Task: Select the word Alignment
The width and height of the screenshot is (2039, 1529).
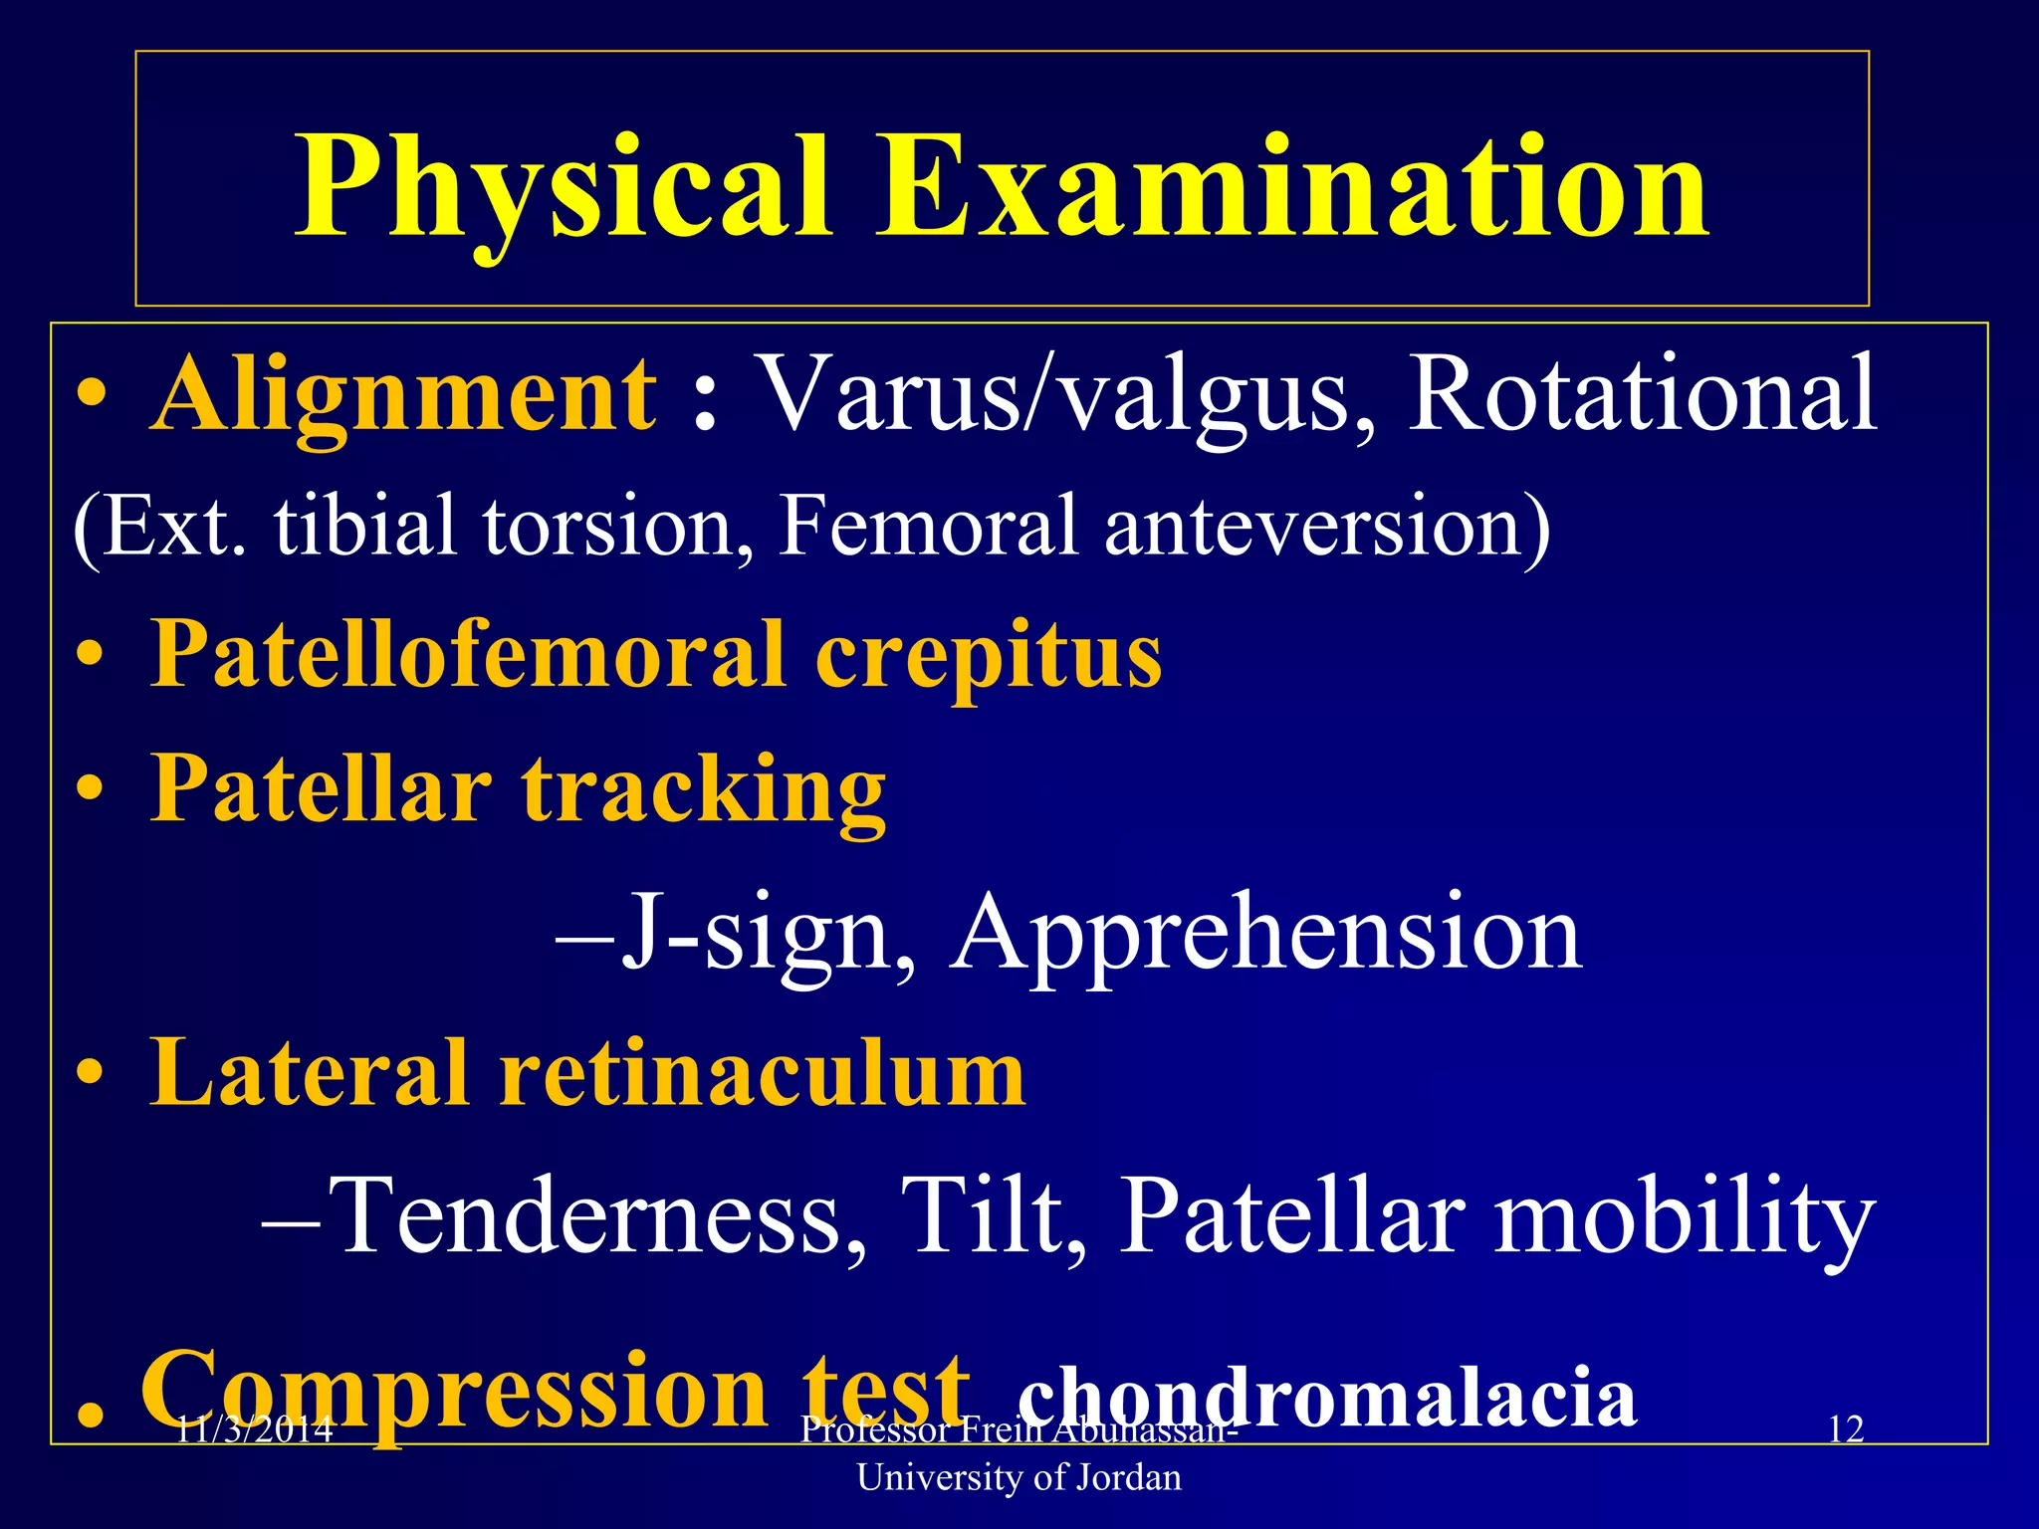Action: tap(403, 396)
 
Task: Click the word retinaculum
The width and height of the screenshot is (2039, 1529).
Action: tap(762, 1073)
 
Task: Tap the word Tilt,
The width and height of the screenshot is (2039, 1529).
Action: tap(996, 1216)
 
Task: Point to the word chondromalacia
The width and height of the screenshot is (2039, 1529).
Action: tap(1327, 1396)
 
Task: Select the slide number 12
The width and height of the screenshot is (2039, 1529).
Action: tap(1846, 1429)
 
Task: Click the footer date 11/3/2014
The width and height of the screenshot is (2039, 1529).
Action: tap(254, 1430)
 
